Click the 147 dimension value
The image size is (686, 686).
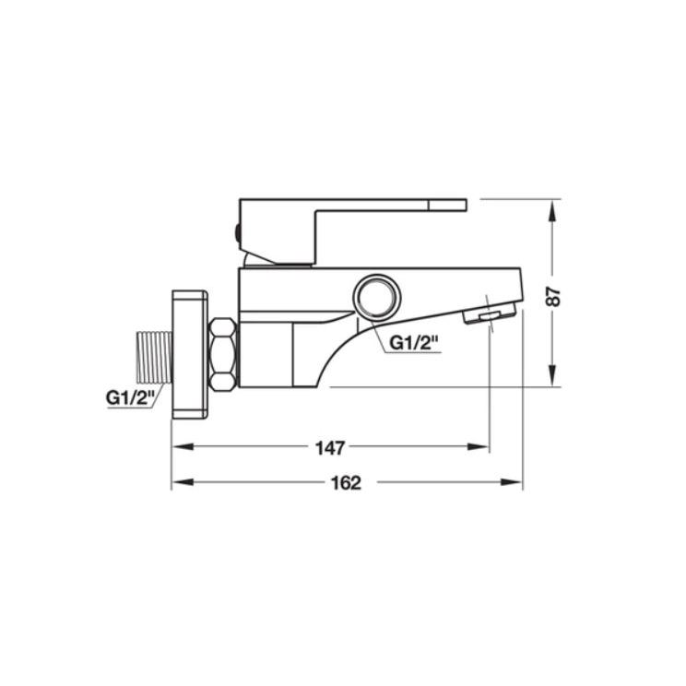pyautogui.click(x=330, y=448)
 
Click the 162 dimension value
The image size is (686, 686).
pyautogui.click(x=346, y=483)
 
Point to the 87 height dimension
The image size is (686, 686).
pyautogui.click(x=554, y=296)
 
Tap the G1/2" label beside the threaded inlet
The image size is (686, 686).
pyautogui.click(x=130, y=398)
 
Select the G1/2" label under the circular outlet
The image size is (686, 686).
pyautogui.click(x=414, y=343)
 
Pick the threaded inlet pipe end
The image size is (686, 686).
pyautogui.click(x=155, y=358)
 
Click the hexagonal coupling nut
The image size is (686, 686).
pyautogui.click(x=223, y=355)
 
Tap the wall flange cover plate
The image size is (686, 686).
pyautogui.click(x=189, y=354)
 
